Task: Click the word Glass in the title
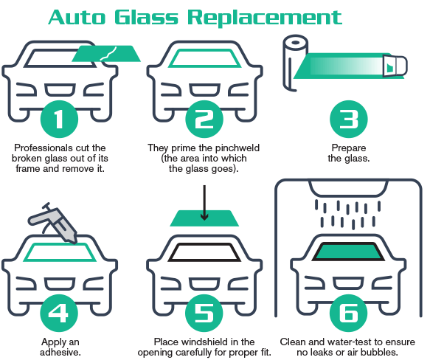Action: point(147,17)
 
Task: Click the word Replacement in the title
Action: point(265,18)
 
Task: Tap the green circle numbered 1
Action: point(59,120)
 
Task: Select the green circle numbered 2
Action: point(204,120)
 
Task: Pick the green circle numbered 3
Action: point(349,120)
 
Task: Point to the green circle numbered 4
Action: point(59,313)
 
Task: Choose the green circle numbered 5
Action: point(204,313)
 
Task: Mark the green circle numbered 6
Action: point(349,313)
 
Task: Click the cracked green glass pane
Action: point(106,54)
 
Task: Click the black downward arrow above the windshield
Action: point(204,203)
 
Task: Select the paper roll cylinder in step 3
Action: point(295,63)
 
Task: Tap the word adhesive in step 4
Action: point(60,352)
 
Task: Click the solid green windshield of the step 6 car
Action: point(348,252)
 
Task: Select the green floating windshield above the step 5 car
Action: point(204,218)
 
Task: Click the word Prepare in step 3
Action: point(349,148)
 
